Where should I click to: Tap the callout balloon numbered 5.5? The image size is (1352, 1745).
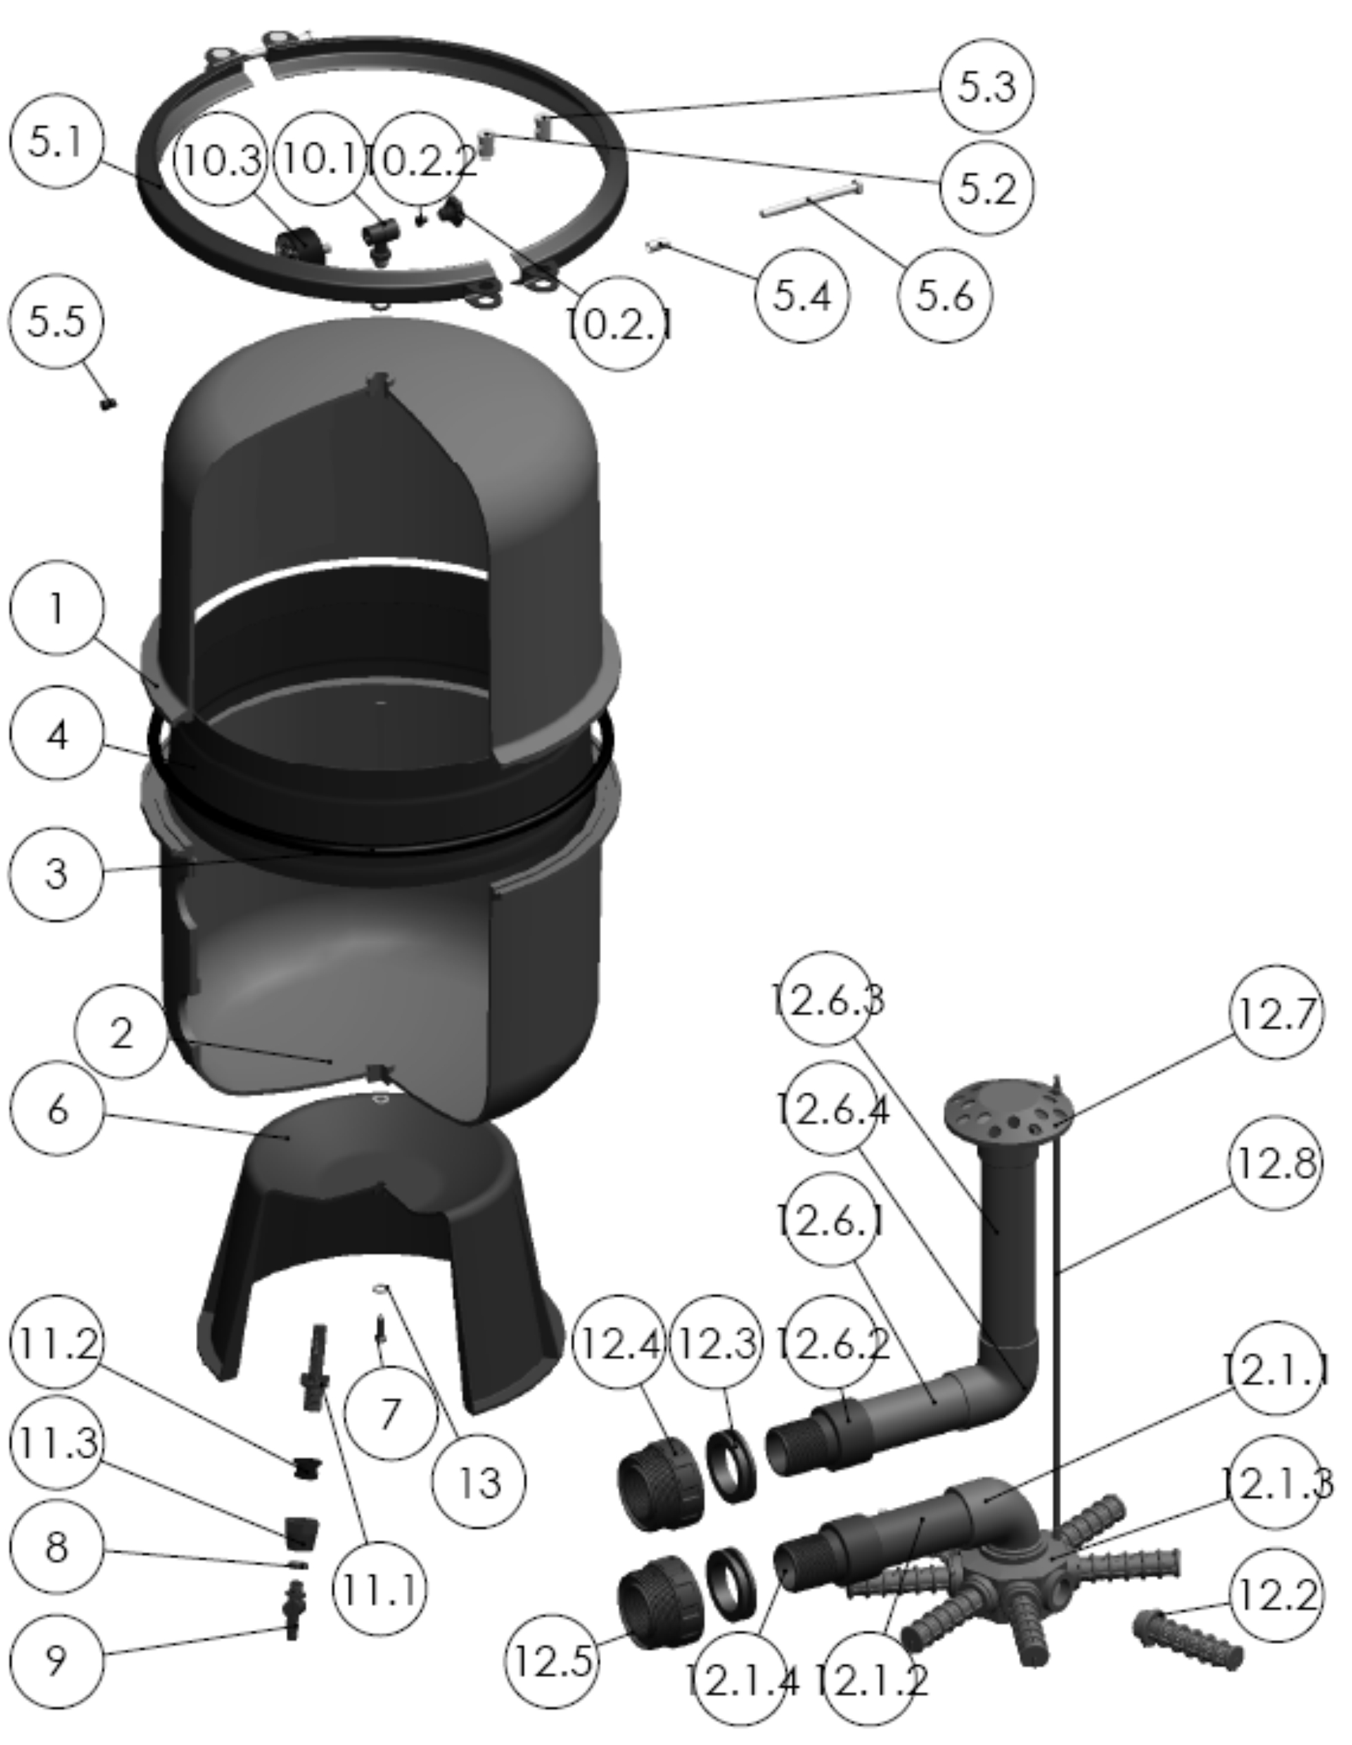tap(56, 321)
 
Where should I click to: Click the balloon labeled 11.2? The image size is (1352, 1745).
tap(56, 1343)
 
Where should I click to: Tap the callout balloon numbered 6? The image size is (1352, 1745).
tap(56, 1109)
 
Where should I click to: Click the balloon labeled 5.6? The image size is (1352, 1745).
tap(944, 296)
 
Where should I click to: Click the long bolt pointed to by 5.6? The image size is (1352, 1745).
tap(811, 198)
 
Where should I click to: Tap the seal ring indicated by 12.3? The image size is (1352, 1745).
tap(730, 1465)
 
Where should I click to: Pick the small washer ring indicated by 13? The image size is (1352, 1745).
tap(382, 1287)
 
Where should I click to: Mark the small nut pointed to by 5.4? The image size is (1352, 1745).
tap(655, 246)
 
